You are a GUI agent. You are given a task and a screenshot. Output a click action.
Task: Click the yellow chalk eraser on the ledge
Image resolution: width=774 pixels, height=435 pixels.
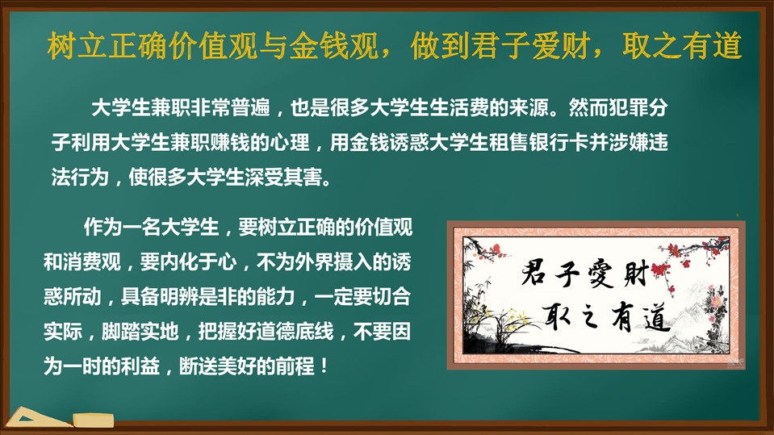94,420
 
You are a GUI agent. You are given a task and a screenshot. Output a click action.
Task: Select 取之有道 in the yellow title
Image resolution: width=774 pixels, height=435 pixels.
682,46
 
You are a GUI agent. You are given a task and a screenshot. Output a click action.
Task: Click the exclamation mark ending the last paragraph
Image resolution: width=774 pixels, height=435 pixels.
324,366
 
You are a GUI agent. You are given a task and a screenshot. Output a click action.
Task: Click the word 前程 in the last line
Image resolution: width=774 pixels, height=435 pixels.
295,366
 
